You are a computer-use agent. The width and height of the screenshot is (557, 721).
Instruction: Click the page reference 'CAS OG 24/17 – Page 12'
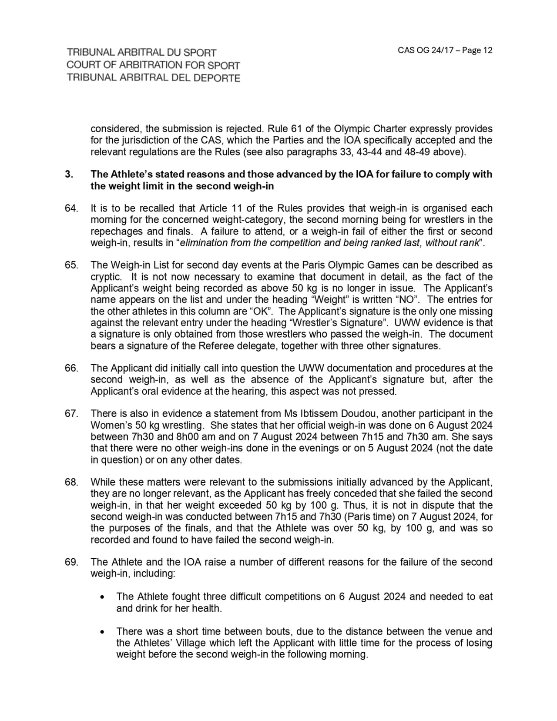[445, 50]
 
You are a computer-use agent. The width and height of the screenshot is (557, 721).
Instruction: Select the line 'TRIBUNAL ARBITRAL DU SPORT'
[141, 53]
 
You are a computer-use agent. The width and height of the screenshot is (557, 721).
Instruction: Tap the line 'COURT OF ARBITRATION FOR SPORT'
[153, 65]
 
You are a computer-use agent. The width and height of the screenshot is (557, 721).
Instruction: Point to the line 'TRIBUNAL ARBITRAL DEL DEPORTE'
[153, 78]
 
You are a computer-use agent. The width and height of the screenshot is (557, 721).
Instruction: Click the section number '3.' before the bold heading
[69, 174]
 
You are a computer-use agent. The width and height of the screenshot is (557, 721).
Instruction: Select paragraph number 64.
[71, 208]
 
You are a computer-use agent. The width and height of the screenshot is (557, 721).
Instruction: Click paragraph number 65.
[71, 265]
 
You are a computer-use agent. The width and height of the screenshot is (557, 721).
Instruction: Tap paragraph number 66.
[71, 368]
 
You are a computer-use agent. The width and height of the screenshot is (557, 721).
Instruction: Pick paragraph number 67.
[71, 413]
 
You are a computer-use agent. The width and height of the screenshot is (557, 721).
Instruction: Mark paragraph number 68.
[71, 482]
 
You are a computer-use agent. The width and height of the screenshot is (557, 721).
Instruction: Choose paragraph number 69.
[71, 562]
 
